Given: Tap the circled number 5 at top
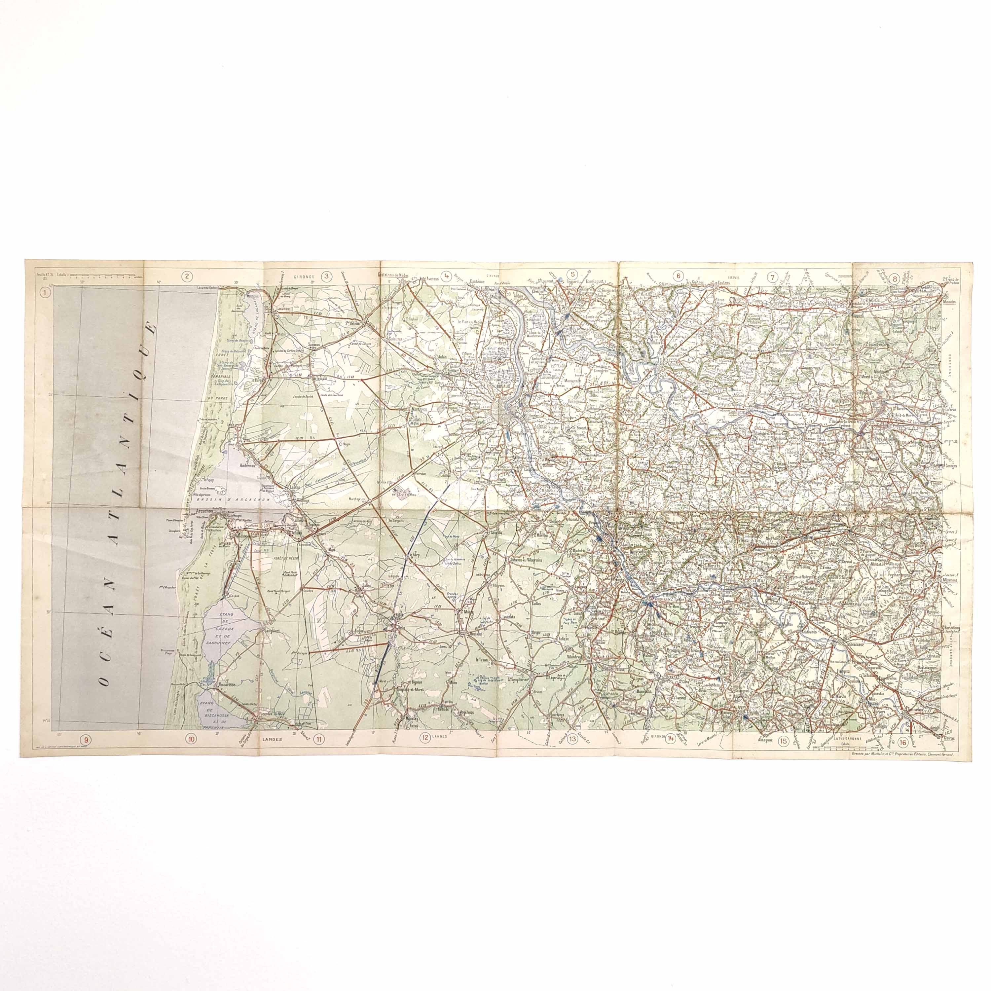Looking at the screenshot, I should click(x=573, y=274).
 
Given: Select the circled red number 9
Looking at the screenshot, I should click(x=86, y=739).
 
